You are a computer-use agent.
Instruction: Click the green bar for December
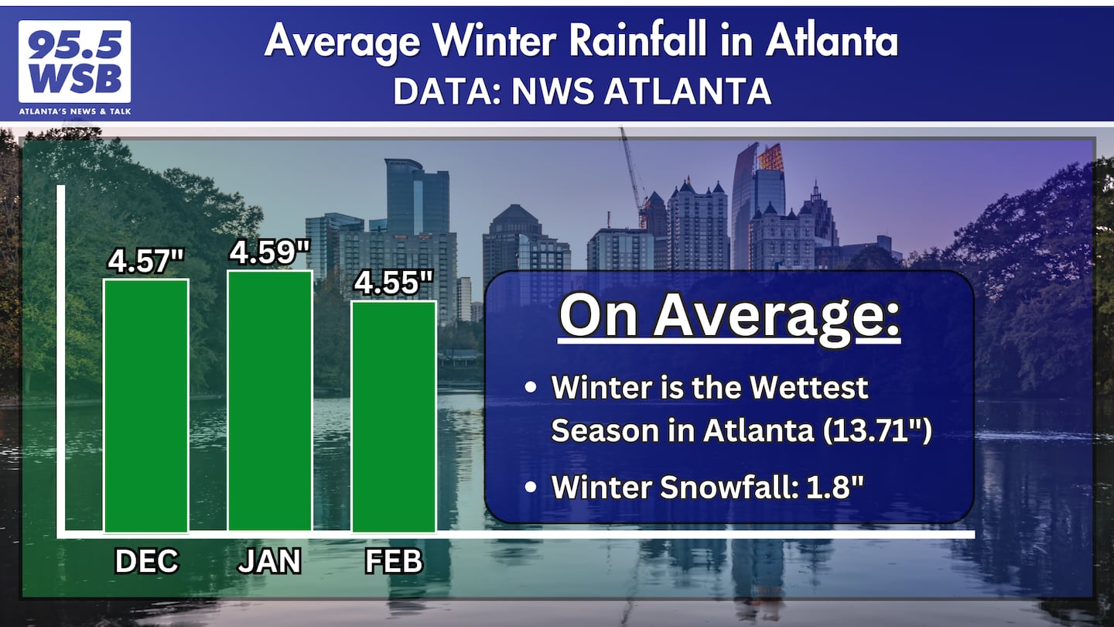click(x=146, y=405)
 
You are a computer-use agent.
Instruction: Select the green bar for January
click(x=269, y=401)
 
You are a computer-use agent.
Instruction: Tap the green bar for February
click(x=394, y=416)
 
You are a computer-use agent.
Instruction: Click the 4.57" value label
click(x=146, y=262)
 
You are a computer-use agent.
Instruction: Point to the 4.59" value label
click(x=270, y=252)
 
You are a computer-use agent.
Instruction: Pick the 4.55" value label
click(x=393, y=283)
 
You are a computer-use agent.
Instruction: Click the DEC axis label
click(x=146, y=561)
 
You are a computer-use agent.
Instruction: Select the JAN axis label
click(x=269, y=561)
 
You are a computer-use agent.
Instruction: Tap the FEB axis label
click(x=394, y=561)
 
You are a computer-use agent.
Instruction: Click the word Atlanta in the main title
click(x=832, y=42)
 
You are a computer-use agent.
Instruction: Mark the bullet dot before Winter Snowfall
click(x=530, y=487)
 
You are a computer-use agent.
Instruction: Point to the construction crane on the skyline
click(x=632, y=174)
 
